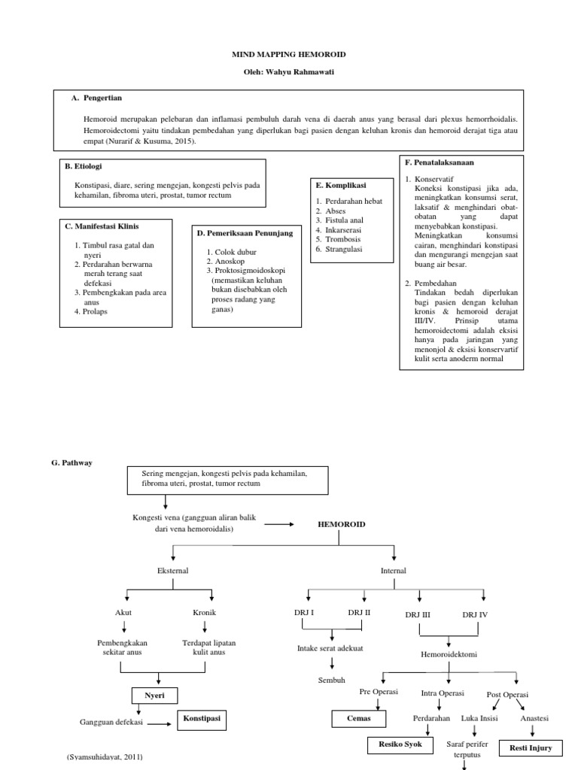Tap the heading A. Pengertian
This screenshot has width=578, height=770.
tap(97, 99)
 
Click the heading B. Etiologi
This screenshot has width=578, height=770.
tap(84, 167)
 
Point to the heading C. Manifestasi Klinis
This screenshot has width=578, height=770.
tap(102, 226)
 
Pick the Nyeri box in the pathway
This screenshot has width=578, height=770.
tap(154, 696)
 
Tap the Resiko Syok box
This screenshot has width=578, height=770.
tap(400, 745)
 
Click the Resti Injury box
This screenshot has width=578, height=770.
tap(531, 747)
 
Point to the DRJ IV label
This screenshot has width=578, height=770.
tap(475, 614)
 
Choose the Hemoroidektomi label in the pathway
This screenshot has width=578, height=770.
tap(449, 654)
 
